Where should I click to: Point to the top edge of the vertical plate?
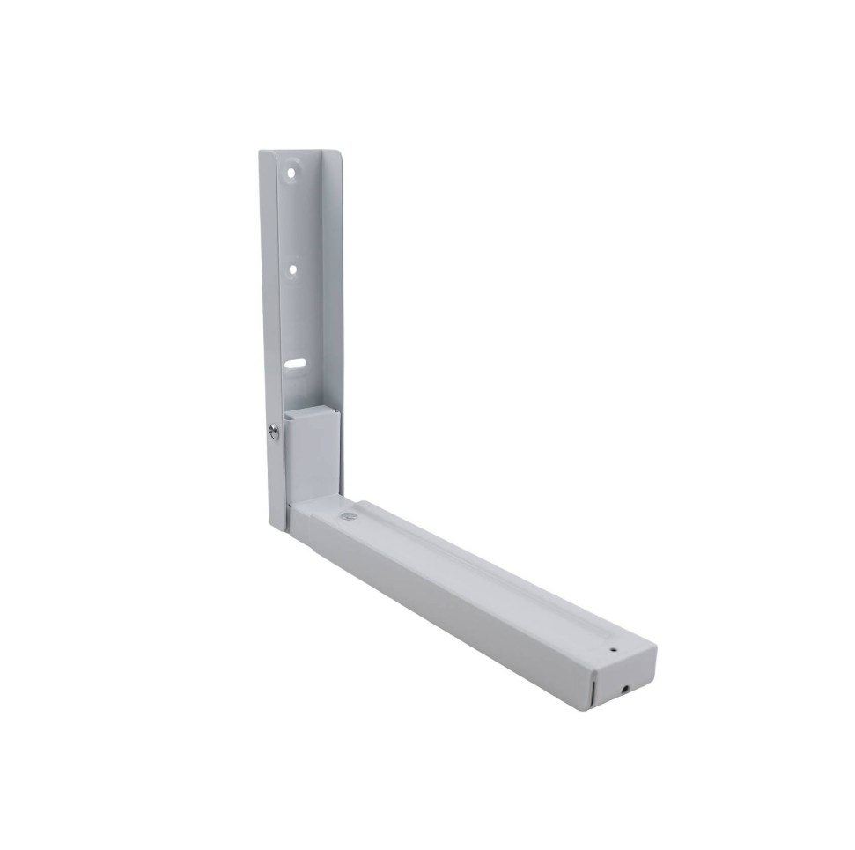(299, 152)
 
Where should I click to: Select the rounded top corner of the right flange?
(334, 159)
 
